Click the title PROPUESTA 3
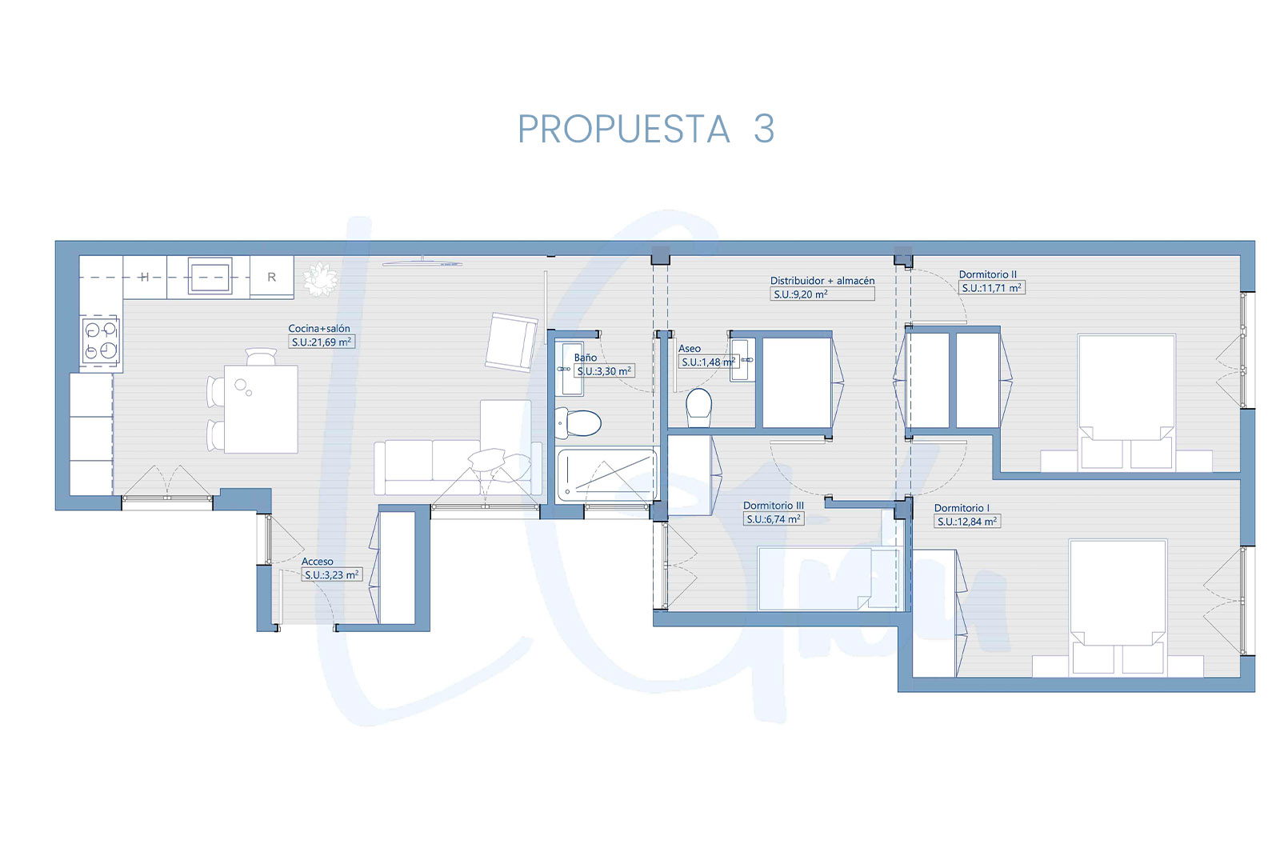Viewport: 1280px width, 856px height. tap(646, 129)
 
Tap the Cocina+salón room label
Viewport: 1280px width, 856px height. tap(319, 329)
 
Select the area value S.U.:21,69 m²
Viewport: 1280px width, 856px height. tap(322, 342)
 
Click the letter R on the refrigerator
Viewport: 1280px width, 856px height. tap(271, 277)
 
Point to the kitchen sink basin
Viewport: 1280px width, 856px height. tap(210, 277)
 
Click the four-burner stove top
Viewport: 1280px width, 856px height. tap(101, 341)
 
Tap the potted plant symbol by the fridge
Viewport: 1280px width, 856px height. tap(320, 279)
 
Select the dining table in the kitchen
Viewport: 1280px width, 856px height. tap(261, 409)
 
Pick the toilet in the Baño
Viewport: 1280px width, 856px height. tap(578, 423)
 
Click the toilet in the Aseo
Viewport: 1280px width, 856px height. tap(698, 407)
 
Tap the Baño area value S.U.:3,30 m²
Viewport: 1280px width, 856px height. tap(604, 371)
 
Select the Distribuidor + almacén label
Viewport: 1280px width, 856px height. tap(822, 281)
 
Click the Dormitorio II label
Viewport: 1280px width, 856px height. tap(987, 274)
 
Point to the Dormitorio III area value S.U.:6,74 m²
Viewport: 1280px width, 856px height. tap(774, 519)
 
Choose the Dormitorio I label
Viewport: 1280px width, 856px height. tap(962, 508)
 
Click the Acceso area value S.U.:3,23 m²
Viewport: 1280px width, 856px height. tap(331, 575)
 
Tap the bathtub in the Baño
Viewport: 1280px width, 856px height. tap(606, 475)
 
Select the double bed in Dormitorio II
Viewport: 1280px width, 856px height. tap(1126, 402)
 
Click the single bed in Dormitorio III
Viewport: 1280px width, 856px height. tap(829, 578)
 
